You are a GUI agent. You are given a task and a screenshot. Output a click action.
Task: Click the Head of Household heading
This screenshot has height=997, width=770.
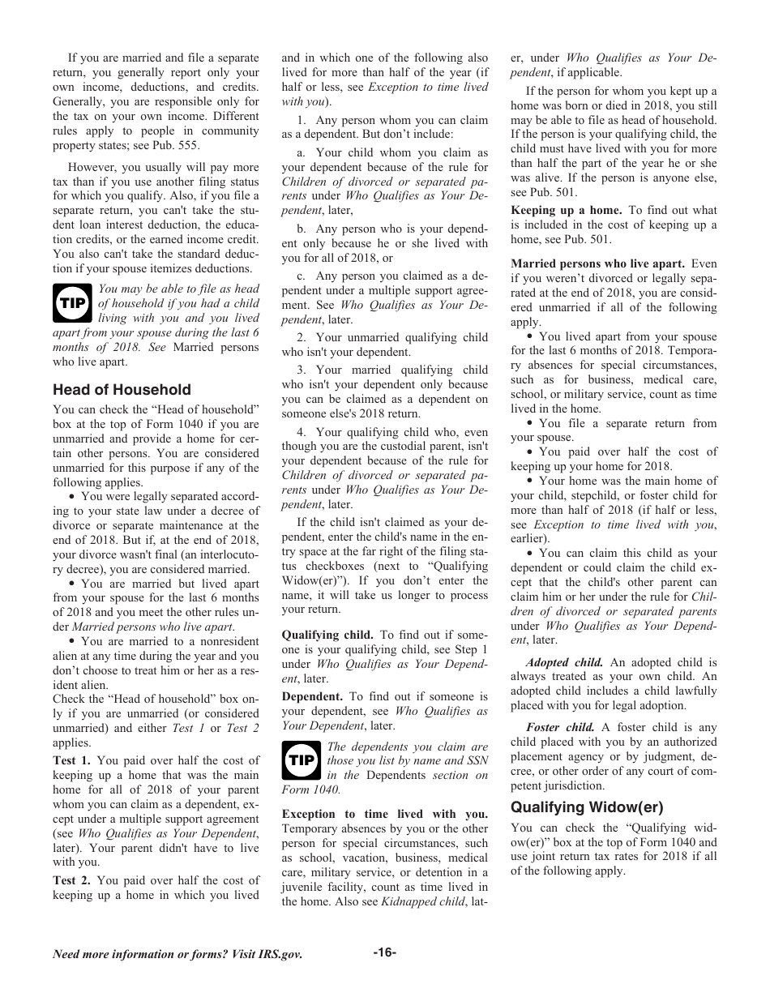point(122,390)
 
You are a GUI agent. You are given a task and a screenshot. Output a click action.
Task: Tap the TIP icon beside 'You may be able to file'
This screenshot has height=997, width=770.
point(72,304)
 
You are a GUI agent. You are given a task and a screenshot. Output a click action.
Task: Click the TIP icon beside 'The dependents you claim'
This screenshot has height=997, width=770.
point(301,761)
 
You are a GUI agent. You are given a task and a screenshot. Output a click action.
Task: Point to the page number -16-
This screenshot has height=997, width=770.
point(384,952)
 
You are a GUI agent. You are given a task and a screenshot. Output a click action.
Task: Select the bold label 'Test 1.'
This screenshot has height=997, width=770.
point(72,760)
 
